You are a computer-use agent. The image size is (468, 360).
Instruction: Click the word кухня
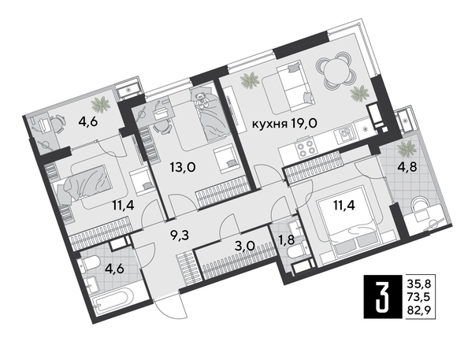coord(269,124)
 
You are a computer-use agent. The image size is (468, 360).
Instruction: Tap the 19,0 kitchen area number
coord(306,124)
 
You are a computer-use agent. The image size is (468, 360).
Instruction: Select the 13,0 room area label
coord(184,167)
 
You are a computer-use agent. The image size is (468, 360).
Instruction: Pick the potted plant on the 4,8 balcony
coord(407,147)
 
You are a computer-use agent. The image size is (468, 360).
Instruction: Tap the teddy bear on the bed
coord(203,100)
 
